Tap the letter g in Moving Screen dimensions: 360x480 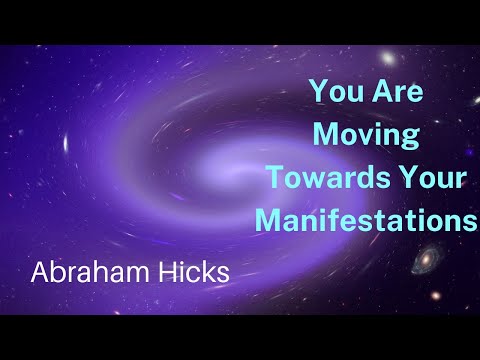click(409, 138)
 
